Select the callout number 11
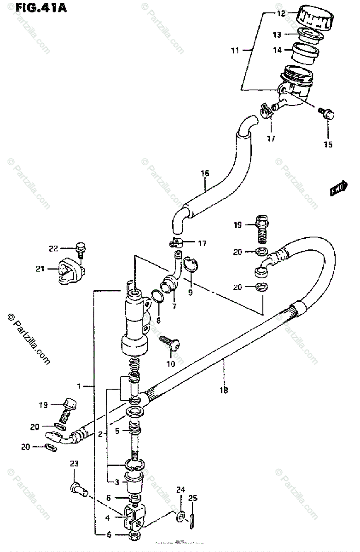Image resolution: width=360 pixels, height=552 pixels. [235, 50]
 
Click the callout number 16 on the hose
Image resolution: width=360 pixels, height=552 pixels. [204, 173]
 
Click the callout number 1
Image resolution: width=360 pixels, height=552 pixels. [79, 386]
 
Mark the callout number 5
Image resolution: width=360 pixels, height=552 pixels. [117, 431]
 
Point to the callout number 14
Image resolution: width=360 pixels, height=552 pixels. [277, 50]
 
